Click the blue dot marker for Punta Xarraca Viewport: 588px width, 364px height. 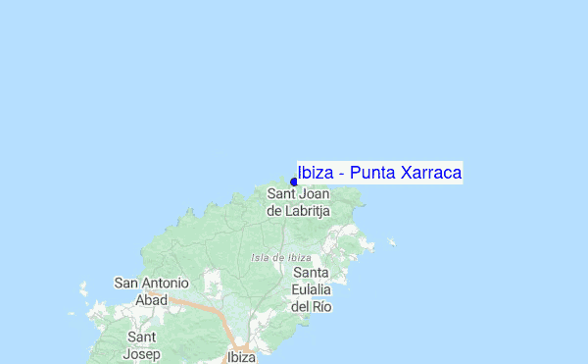294,182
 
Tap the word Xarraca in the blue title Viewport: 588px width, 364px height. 427,174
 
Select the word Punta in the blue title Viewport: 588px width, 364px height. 367,174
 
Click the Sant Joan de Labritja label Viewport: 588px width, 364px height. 298,202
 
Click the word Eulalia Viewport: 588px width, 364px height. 311,289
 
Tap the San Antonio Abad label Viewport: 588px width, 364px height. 151,291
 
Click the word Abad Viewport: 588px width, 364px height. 151,300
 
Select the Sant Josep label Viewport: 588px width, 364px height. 141,345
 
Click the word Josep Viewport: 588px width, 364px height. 141,353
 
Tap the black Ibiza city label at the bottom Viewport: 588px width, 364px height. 240,357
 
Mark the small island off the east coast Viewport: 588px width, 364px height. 392,241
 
